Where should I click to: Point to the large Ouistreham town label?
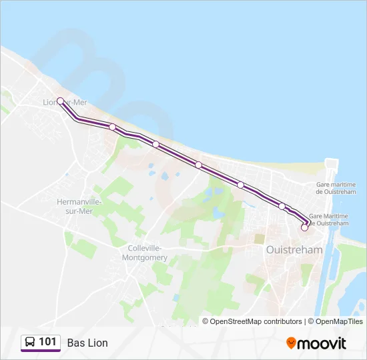pyautogui.click(x=294, y=250)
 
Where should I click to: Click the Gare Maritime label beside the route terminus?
pyautogui.click(x=328, y=219)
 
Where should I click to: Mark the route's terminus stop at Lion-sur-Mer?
pyautogui.click(x=60, y=101)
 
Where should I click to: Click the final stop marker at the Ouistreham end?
pyautogui.click(x=304, y=227)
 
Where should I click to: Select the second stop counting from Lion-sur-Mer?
pyautogui.click(x=112, y=127)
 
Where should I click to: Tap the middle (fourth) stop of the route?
pyautogui.click(x=199, y=165)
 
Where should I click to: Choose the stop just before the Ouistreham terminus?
pyautogui.click(x=282, y=206)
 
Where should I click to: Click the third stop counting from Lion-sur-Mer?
pyautogui.click(x=155, y=144)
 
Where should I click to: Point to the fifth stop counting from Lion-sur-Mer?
pyautogui.click(x=240, y=185)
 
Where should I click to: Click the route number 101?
pyautogui.click(x=48, y=342)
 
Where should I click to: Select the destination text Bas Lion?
pyautogui.click(x=87, y=343)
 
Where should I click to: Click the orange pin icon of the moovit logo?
pyautogui.click(x=291, y=343)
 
